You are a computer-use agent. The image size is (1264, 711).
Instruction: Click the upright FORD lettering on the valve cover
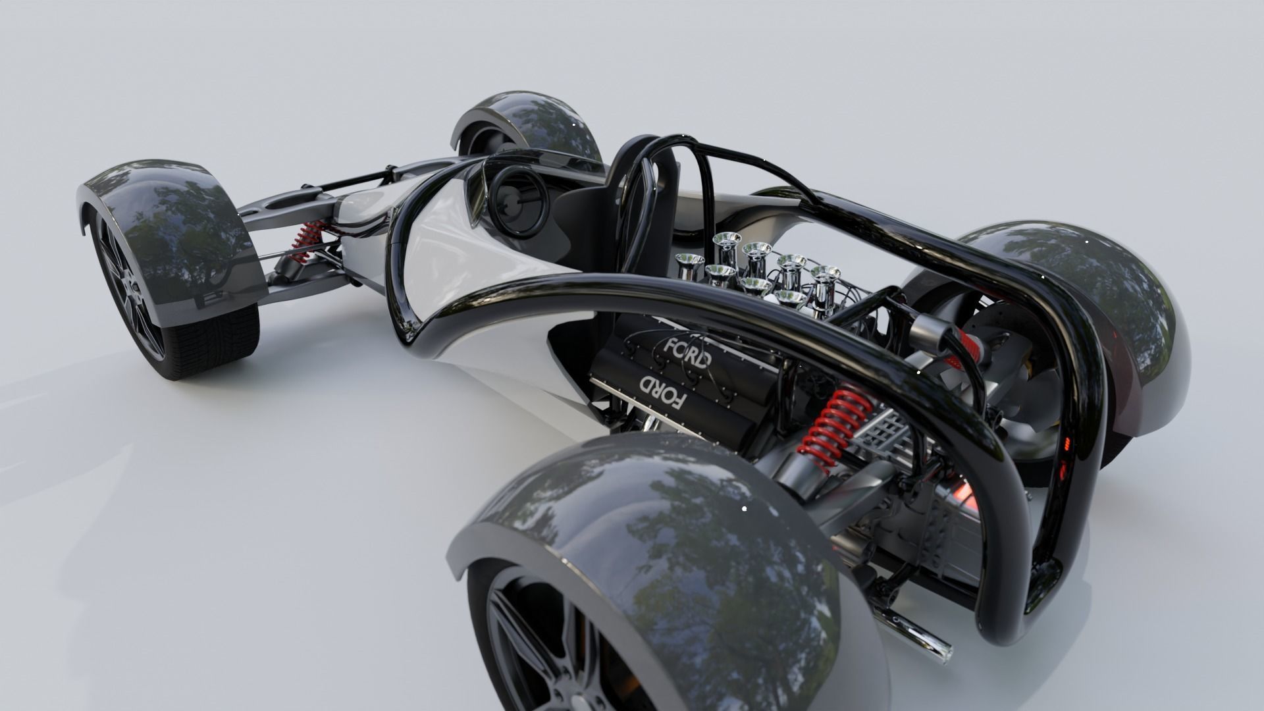[687, 353]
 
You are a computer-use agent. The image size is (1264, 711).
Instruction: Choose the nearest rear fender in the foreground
[658, 546]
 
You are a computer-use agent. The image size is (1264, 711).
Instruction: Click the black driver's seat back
[592, 211]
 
